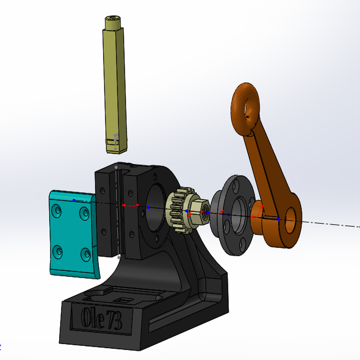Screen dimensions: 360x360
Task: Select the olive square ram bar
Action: tap(115, 88)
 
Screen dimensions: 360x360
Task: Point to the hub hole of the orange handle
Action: tap(290, 220)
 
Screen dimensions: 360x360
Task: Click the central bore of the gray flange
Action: tap(239, 215)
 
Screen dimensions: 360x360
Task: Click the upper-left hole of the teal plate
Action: tap(56, 211)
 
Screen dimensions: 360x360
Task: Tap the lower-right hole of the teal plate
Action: tap(85, 254)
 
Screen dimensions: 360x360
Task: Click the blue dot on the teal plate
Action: tap(74, 200)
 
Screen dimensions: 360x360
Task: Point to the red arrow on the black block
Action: tap(130, 205)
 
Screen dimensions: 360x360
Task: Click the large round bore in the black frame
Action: tap(155, 207)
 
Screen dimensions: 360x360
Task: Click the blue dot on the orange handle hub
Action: tap(278, 219)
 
